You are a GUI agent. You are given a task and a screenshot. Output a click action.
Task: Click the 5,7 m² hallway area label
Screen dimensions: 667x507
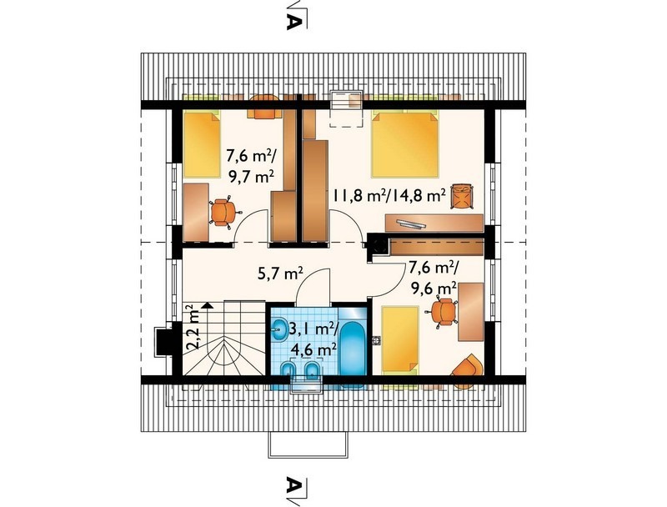click(x=280, y=274)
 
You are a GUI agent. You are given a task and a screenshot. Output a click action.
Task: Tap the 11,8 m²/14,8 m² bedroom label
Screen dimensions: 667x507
click(x=389, y=195)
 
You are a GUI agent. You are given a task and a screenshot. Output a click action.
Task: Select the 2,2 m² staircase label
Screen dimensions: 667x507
click(x=193, y=327)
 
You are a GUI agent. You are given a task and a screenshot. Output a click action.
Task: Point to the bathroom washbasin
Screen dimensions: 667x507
click(x=279, y=329)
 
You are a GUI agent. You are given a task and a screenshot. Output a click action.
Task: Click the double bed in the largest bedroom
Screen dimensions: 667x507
click(x=404, y=143)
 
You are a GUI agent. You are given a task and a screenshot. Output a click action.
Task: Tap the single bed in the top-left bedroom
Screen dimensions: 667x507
click(x=202, y=144)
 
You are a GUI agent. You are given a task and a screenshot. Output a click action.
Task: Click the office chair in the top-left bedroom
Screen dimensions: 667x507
click(x=223, y=213)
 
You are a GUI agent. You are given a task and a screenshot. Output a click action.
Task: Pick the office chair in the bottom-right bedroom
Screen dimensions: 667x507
click(x=443, y=312)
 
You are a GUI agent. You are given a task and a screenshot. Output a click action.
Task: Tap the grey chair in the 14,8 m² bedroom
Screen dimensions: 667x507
click(x=463, y=196)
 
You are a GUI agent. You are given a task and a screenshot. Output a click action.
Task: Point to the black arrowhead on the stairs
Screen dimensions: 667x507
click(x=207, y=305)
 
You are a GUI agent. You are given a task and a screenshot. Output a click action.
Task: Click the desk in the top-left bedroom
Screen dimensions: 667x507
click(x=196, y=213)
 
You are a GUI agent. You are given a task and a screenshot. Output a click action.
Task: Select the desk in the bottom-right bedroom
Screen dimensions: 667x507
click(x=471, y=312)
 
